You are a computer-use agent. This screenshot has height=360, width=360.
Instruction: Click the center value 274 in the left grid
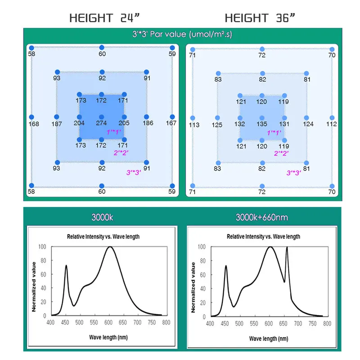(x=102, y=123)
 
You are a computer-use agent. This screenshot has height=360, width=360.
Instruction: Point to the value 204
(x=79, y=123)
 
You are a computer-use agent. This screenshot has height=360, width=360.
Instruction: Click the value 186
(x=148, y=123)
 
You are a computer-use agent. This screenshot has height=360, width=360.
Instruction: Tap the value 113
(x=194, y=125)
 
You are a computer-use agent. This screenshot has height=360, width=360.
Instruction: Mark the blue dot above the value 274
(x=102, y=116)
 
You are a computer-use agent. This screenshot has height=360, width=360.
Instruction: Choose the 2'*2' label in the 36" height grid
(x=281, y=153)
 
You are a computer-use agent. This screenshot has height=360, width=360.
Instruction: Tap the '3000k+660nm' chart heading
(x=262, y=217)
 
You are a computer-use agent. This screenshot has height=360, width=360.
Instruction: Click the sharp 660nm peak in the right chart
(x=287, y=247)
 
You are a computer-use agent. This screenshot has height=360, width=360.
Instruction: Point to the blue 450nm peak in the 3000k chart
(x=67, y=265)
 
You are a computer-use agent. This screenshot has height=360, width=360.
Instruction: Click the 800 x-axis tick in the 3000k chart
(x=166, y=323)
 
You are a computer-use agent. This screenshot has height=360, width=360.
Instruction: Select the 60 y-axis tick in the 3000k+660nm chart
(x=202, y=274)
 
